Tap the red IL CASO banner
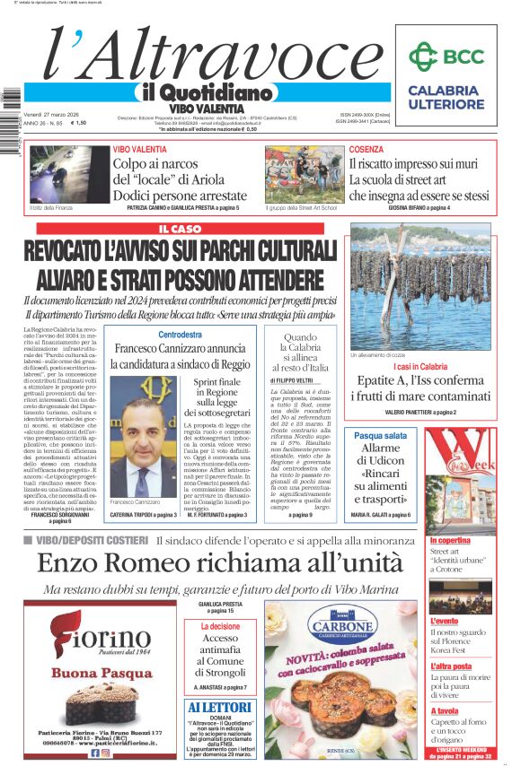(x=180, y=230)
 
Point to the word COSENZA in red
(x=366, y=150)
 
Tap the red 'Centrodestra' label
(x=180, y=335)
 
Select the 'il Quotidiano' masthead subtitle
(x=207, y=92)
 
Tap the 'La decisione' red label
(x=220, y=626)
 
